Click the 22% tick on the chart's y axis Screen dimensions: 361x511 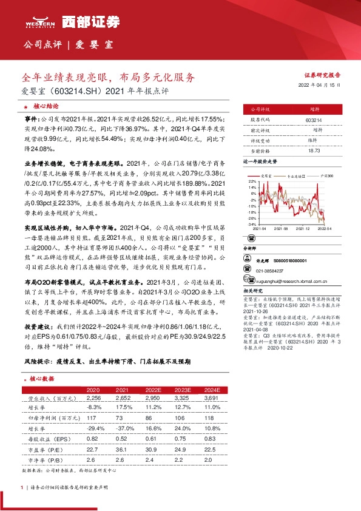click(x=251, y=181)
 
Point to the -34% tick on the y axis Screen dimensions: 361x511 click(x=251, y=224)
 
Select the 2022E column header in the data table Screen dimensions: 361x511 click(x=154, y=390)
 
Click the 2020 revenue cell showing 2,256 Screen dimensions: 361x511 click(x=93, y=399)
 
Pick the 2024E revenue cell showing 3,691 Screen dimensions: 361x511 click(x=213, y=399)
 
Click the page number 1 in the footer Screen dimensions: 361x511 click(x=22, y=487)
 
